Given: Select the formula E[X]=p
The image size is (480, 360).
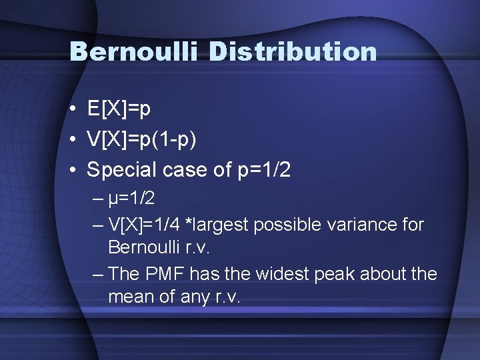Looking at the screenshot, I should pos(119,109).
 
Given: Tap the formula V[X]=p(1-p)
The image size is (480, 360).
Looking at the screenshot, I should pos(141,139).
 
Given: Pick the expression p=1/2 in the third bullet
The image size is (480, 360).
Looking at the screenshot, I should pos(265,171).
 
